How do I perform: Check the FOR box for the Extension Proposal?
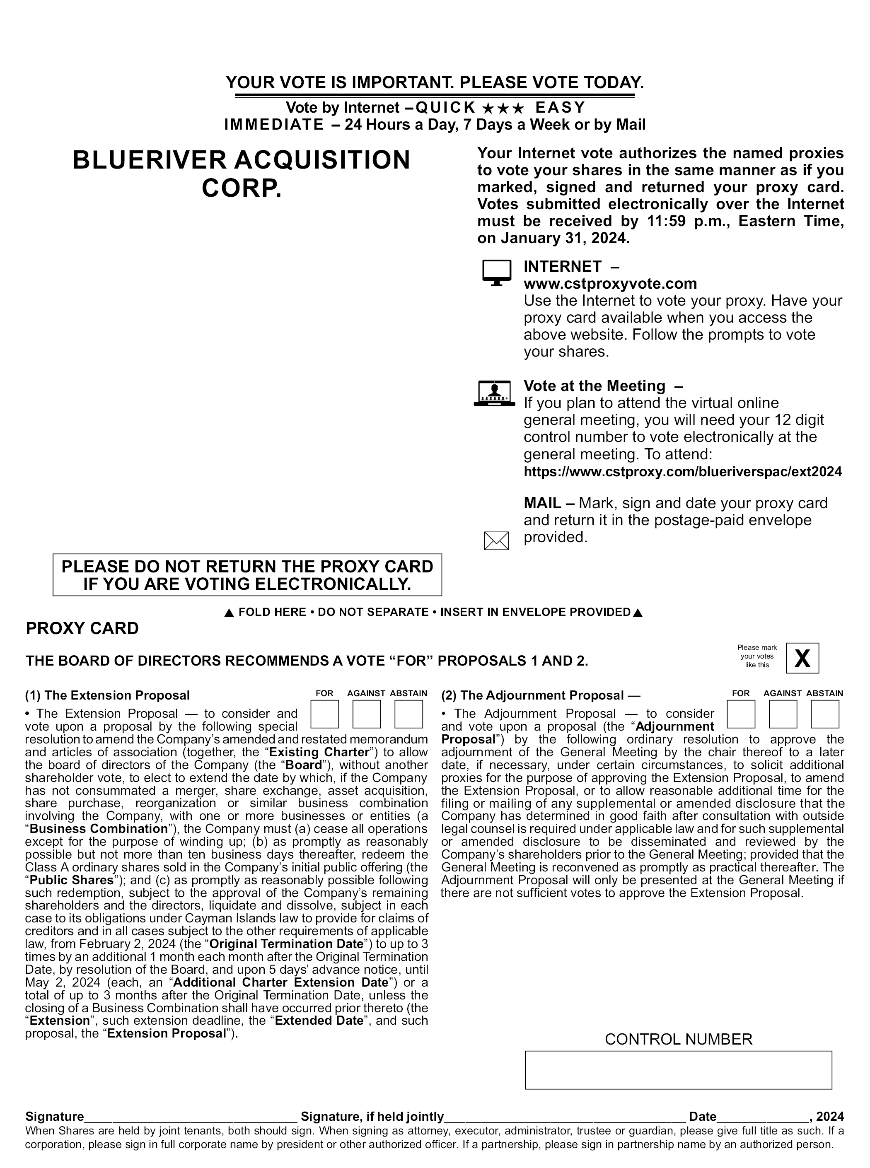(x=324, y=714)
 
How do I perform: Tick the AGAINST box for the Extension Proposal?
(x=367, y=714)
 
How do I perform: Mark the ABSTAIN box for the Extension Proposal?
(x=408, y=714)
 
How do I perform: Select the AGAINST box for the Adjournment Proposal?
(x=783, y=714)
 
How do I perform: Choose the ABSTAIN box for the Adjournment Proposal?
(x=825, y=714)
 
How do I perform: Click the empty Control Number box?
(x=678, y=1070)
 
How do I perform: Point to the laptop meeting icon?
(x=494, y=393)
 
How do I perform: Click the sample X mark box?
(x=802, y=658)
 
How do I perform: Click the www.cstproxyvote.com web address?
(x=610, y=284)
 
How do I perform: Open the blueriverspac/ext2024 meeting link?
(x=682, y=472)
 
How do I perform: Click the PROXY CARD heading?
(x=82, y=628)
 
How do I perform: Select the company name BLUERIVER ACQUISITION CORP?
(x=241, y=174)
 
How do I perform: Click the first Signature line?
(x=191, y=1116)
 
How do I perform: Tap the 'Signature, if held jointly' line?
(x=565, y=1116)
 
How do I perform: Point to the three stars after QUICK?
(x=503, y=108)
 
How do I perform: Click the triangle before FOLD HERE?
(x=229, y=613)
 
